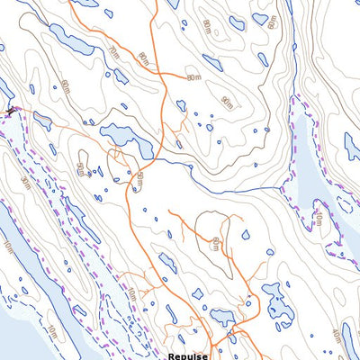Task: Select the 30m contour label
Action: point(24,184)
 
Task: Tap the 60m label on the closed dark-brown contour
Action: point(217,243)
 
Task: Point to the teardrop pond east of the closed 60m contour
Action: point(246,235)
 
